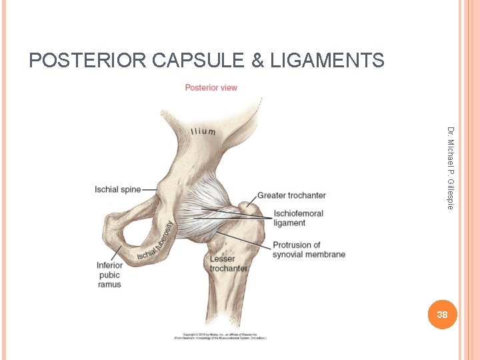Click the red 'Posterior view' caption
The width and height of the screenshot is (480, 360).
coord(211,87)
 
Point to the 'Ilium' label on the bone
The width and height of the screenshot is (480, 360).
coord(203,131)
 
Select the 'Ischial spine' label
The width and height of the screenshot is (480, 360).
coord(118,189)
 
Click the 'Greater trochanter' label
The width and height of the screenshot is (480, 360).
coord(291,195)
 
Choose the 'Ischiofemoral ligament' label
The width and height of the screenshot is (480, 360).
coord(298,218)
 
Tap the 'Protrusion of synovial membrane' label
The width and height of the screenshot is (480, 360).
coord(309,249)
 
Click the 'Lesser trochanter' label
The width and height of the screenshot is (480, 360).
coord(229,263)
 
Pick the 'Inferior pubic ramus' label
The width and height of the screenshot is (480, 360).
coord(109,275)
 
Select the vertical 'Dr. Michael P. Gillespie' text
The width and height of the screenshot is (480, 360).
coord(451,167)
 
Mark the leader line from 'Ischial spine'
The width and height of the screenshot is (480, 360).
coord(149,189)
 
